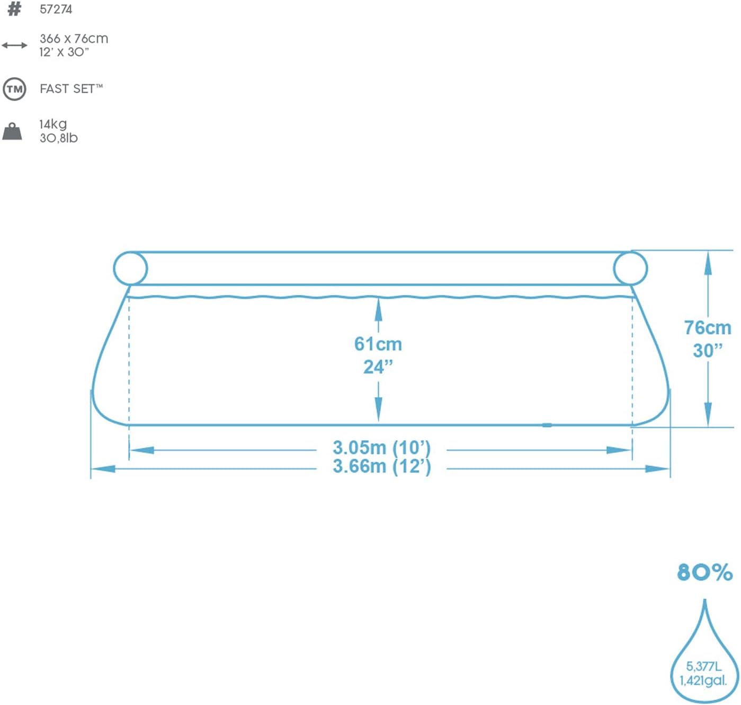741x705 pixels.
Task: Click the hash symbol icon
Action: click(14, 9)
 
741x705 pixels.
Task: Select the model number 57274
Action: click(56, 10)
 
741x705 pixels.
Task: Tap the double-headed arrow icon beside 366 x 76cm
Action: click(14, 46)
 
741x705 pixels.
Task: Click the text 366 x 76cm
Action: click(74, 39)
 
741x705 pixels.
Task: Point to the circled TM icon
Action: click(14, 90)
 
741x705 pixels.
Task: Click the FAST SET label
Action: click(71, 88)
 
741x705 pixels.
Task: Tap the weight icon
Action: click(12, 131)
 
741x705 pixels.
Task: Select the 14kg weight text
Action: click(53, 124)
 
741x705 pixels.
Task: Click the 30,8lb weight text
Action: click(59, 138)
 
